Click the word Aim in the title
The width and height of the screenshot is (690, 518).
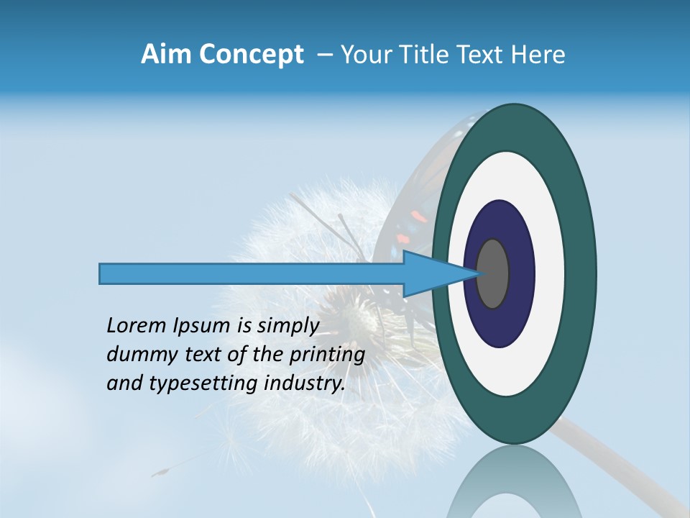165,55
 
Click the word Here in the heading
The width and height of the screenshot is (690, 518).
538,55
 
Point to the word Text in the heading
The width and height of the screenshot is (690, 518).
485,55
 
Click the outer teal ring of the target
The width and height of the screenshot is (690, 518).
579,273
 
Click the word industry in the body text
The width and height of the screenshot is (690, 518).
301,383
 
